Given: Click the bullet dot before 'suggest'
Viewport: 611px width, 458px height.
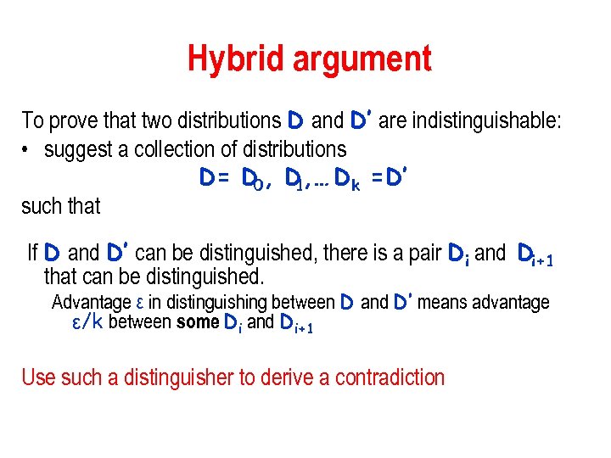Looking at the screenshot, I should coord(27,151).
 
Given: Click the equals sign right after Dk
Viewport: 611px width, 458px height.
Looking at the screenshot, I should coord(375,180).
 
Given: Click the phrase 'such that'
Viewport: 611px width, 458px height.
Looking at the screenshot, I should coord(60,206).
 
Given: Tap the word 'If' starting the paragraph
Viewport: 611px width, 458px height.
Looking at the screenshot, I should coord(32,253).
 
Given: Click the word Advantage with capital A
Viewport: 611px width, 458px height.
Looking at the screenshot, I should coord(91,303).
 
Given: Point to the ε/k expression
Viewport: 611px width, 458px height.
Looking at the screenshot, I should coord(89,322).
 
